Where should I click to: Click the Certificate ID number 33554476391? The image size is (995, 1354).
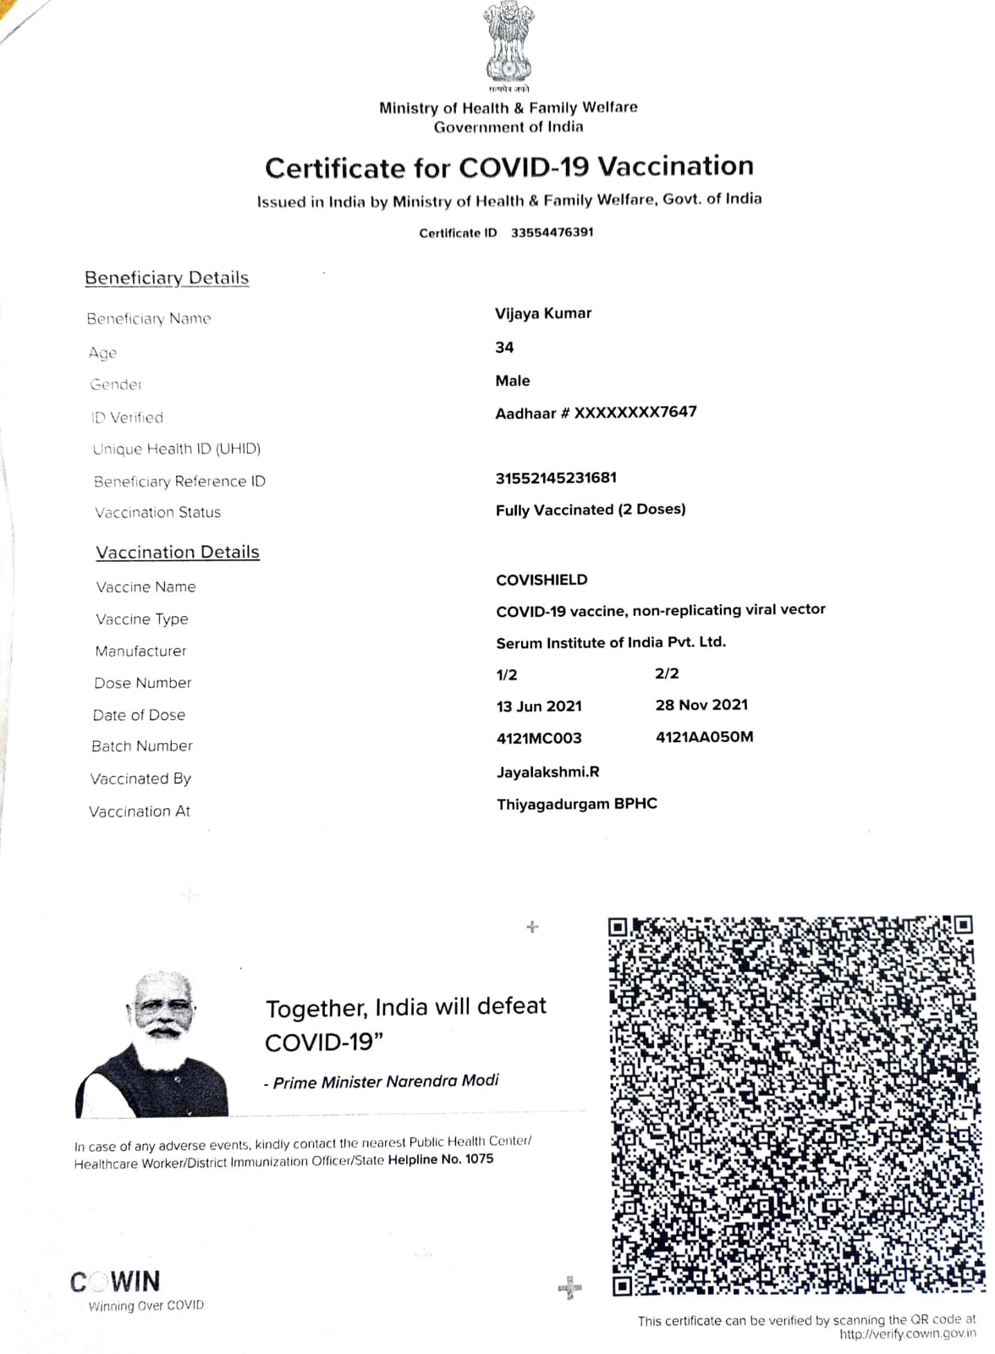tap(552, 232)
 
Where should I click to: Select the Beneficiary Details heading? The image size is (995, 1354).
tap(167, 278)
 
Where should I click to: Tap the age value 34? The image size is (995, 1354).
tap(504, 347)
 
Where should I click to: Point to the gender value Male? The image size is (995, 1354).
tap(513, 381)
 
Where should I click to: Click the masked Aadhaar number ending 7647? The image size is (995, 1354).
tap(596, 412)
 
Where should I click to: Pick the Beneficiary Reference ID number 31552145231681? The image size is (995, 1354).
tap(556, 477)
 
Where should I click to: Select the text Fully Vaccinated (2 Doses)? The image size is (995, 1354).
tap(591, 509)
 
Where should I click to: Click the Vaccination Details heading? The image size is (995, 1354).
tap(178, 552)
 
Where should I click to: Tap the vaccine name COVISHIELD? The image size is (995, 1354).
tap(541, 580)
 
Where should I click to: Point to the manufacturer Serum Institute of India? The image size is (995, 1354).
tap(611, 642)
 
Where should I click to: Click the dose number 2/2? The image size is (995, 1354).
tap(667, 674)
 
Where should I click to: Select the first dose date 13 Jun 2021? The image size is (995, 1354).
tap(539, 706)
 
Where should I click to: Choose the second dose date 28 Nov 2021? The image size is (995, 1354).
tap(701, 705)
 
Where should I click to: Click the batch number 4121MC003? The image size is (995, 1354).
tap(539, 738)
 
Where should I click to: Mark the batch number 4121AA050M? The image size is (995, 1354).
tap(704, 737)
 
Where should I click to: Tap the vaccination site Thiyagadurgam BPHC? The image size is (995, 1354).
tap(577, 804)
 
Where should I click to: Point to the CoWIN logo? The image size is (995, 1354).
tap(115, 1282)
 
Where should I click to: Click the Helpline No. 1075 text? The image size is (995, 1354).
tap(440, 1159)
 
